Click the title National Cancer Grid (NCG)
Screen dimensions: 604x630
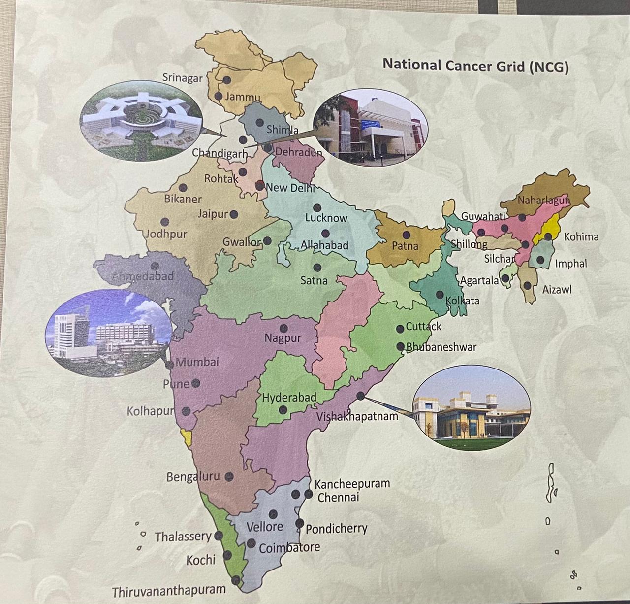[475, 66]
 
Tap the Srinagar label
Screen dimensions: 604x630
[183, 78]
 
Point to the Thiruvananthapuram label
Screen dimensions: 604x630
[169, 591]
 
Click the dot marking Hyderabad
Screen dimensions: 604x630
[283, 409]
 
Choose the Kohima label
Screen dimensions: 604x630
[581, 237]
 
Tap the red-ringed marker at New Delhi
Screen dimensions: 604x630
[259, 186]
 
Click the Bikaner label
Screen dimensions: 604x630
[183, 200]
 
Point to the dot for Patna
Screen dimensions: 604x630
[407, 235]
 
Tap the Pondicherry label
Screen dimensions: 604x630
[337, 529]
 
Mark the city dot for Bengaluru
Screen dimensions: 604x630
[229, 476]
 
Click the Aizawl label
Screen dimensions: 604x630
[557, 290]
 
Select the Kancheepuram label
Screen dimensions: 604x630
[352, 484]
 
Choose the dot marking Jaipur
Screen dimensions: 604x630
[234, 214]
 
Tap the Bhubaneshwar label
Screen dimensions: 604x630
[441, 347]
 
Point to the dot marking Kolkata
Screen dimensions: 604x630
[440, 295]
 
